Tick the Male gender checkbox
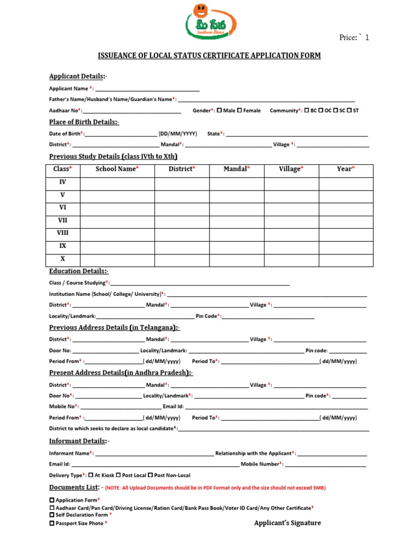[x=219, y=110]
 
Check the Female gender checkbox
[x=240, y=110]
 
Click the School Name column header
[x=117, y=169]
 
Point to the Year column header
[x=346, y=169]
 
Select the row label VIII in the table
[x=63, y=233]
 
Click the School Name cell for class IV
[x=117, y=183]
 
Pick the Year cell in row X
[x=346, y=259]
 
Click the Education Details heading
[x=79, y=271]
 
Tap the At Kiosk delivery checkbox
[x=91, y=475]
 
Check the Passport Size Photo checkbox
[x=52, y=523]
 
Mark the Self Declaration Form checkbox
[x=52, y=515]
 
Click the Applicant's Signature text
[x=288, y=523]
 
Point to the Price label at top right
[x=354, y=38]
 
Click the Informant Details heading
[x=79, y=441]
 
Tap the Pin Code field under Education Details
[x=267, y=317]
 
